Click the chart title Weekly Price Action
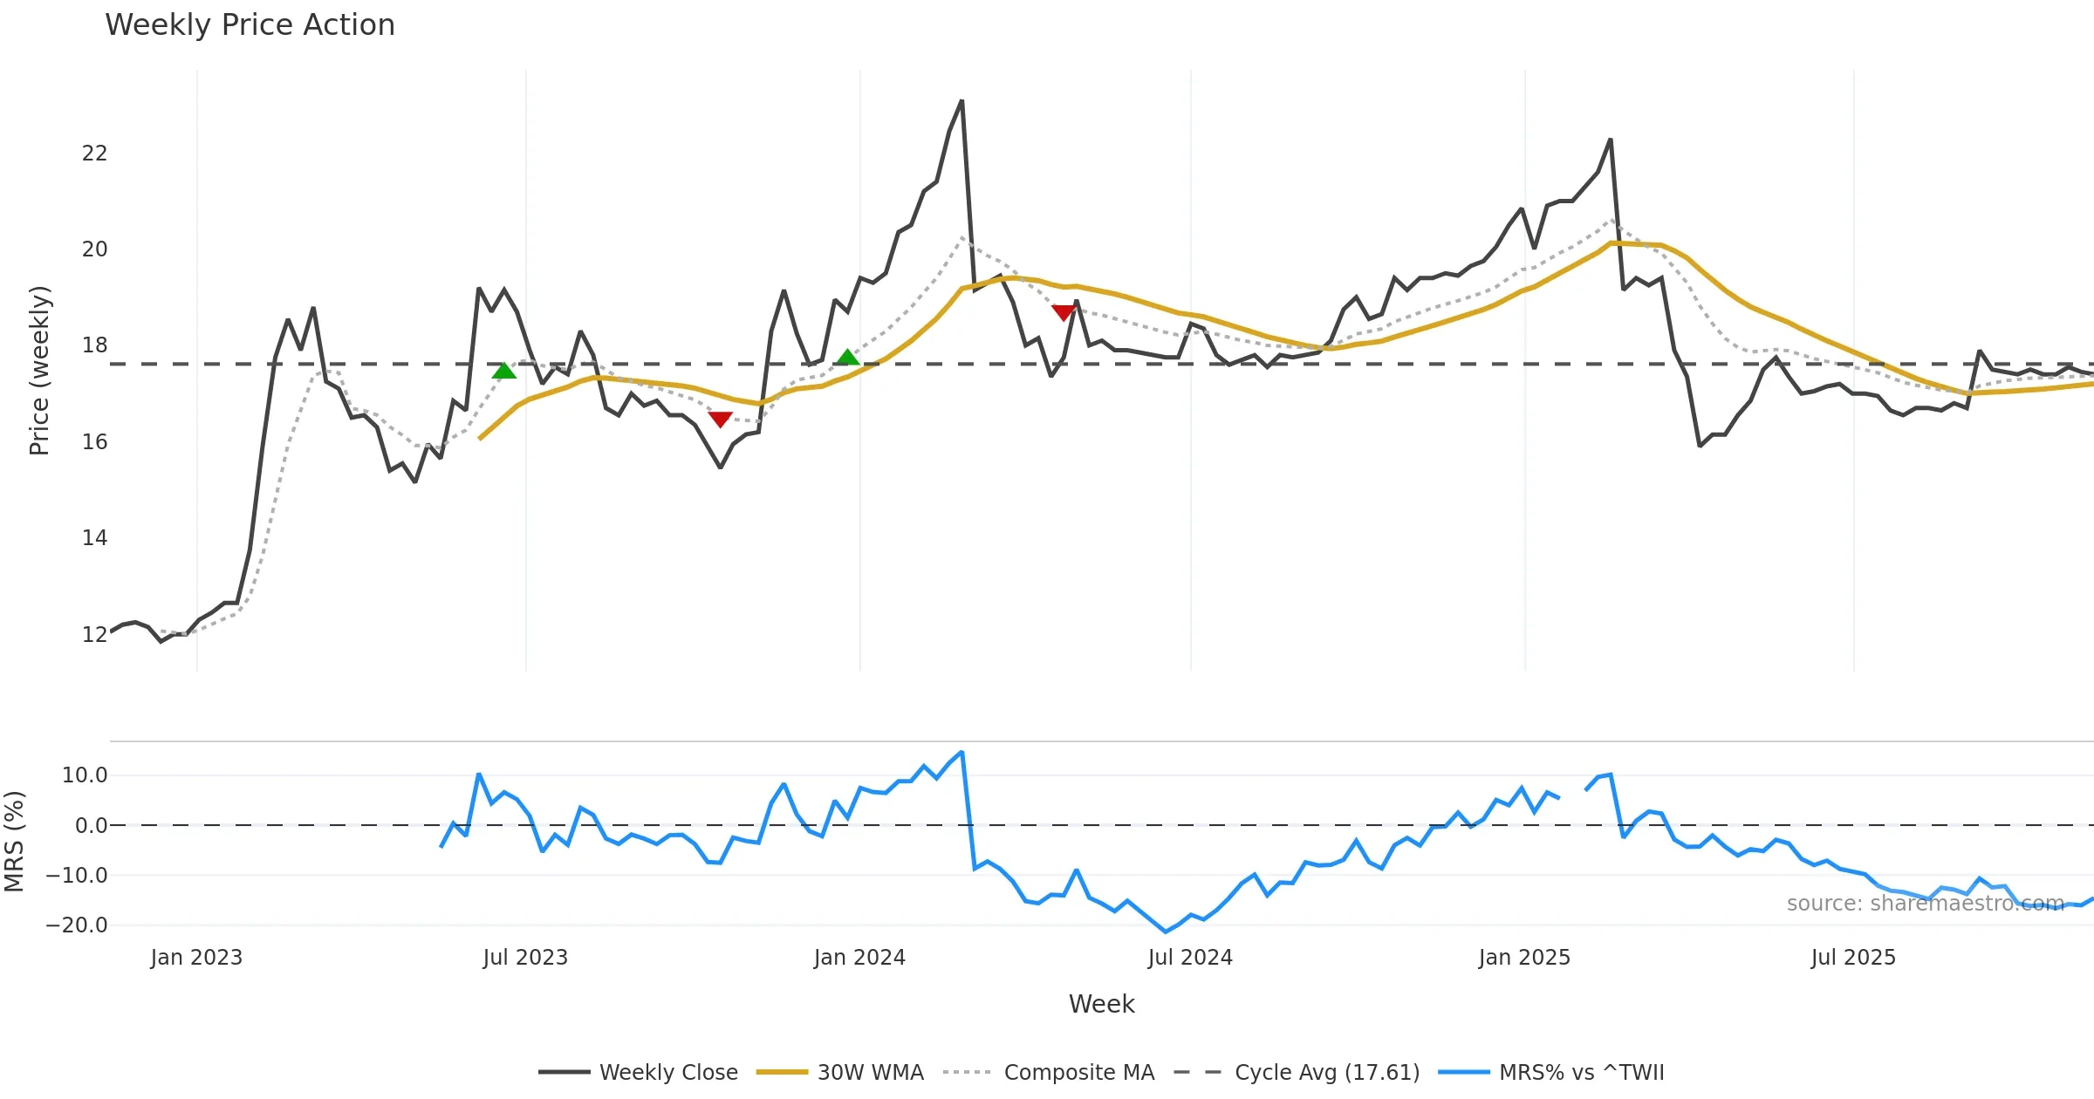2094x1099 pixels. pos(250,25)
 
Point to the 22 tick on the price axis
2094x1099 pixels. pos(94,154)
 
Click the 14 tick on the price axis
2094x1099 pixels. pos(94,538)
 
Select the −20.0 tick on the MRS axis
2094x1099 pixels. pos(77,925)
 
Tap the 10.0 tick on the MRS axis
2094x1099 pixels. pos(84,775)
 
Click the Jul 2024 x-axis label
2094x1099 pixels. pos(1190,958)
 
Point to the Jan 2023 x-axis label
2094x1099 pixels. pos(196,958)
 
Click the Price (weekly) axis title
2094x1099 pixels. pos(39,371)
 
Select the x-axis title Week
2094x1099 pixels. pos(1101,1004)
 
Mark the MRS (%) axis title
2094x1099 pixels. pos(14,842)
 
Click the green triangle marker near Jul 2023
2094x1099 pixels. pos(504,372)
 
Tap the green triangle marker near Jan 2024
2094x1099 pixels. pos(847,357)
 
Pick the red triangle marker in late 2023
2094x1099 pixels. pos(720,420)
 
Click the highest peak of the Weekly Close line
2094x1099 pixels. pos(961,101)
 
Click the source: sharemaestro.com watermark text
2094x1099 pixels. pos(1925,904)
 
